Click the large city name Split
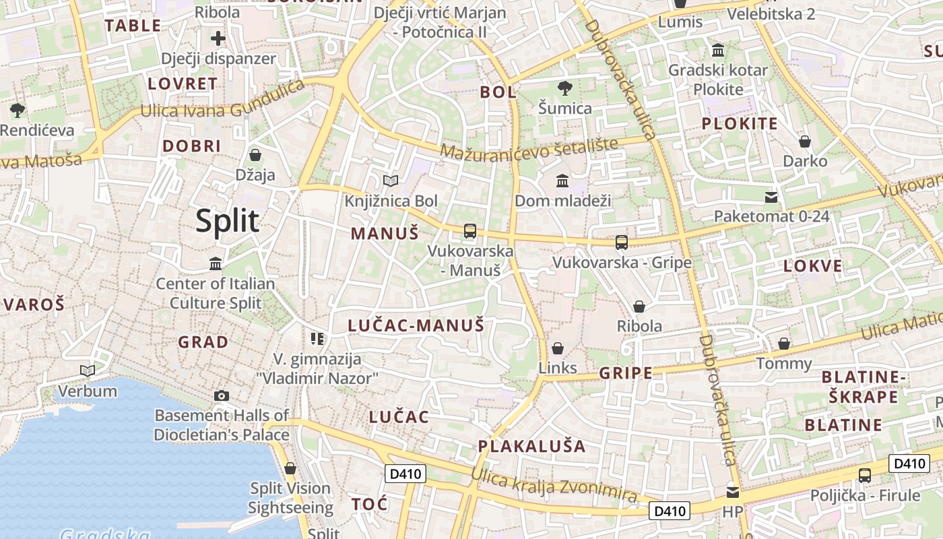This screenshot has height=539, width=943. pyautogui.click(x=228, y=221)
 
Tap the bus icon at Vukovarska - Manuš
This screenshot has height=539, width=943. pyautogui.click(x=470, y=231)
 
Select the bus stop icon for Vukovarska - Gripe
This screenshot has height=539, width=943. pyautogui.click(x=622, y=243)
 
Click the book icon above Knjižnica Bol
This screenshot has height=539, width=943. pyautogui.click(x=391, y=181)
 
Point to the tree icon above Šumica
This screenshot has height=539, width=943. pyautogui.click(x=565, y=88)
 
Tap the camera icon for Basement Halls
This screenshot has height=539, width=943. pyautogui.click(x=221, y=395)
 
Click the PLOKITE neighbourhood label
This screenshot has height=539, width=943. pyautogui.click(x=740, y=124)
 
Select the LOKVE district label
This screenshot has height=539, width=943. pyautogui.click(x=813, y=266)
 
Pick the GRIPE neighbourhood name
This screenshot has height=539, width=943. pyautogui.click(x=626, y=373)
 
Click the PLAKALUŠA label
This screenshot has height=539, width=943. pyautogui.click(x=532, y=447)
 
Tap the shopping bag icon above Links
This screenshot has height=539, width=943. pyautogui.click(x=558, y=348)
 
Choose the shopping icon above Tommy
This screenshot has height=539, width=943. pyautogui.click(x=784, y=344)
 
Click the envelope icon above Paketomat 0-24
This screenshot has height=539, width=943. pyautogui.click(x=771, y=197)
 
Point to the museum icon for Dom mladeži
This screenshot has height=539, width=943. pyautogui.click(x=562, y=181)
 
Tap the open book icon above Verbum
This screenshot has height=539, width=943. pyautogui.click(x=88, y=371)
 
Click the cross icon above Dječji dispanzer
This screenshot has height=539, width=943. pyautogui.click(x=218, y=38)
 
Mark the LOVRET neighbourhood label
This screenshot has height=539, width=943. pyautogui.click(x=183, y=84)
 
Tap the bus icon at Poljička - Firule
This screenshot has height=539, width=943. pyautogui.click(x=865, y=476)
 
